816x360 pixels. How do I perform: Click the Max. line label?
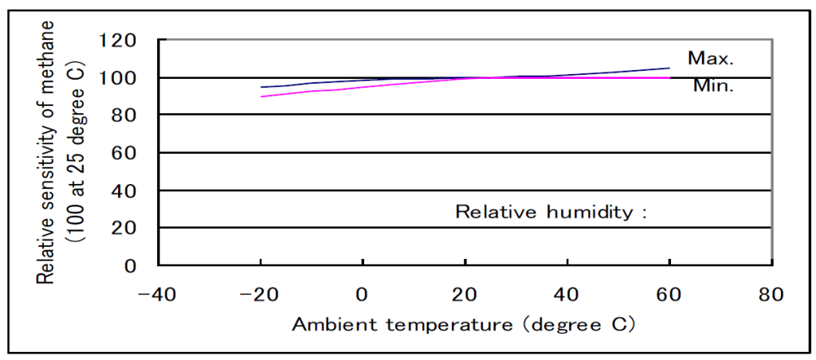coord(711,58)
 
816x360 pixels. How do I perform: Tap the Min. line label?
coord(712,86)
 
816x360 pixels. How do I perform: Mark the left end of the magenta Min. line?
coord(262,96)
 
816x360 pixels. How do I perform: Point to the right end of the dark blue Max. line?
coord(669,68)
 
